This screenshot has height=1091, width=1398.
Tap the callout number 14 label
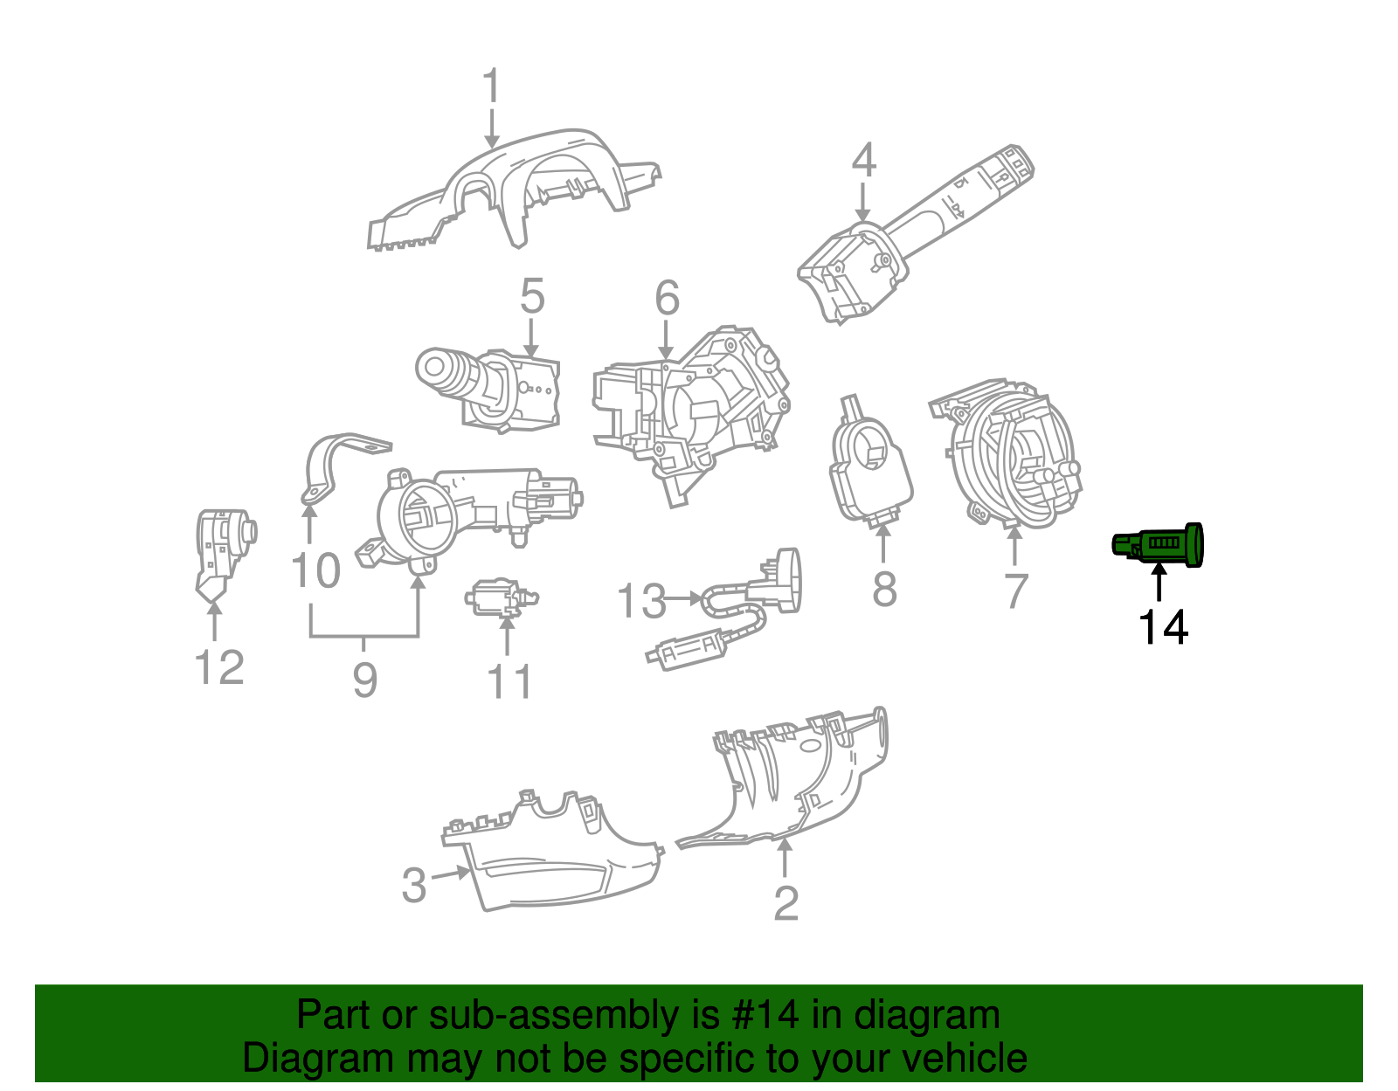[1162, 627]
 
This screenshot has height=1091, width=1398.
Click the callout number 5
[531, 297]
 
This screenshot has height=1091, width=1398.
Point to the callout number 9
[364, 679]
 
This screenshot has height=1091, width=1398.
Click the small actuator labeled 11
[500, 598]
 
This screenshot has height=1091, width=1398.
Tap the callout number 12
[218, 668]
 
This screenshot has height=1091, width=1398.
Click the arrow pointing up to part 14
[1159, 582]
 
